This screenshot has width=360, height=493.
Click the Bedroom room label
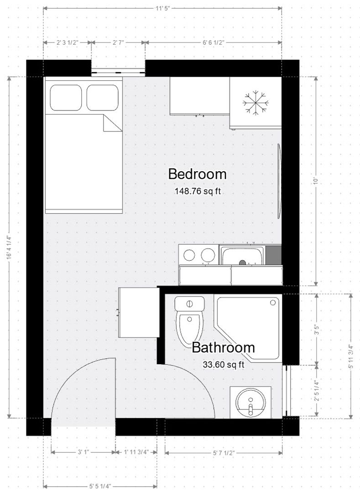coord(197,174)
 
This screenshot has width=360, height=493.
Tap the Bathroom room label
coord(223,347)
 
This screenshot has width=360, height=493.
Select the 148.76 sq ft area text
coord(197,192)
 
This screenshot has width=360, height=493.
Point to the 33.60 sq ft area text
coord(223,364)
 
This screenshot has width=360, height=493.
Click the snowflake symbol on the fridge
coord(255,102)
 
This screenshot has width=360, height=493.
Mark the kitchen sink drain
coord(243,263)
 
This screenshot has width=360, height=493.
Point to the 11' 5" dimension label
coord(162,8)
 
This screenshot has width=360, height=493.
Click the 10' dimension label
coord(315,181)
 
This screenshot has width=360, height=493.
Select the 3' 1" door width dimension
coord(83,452)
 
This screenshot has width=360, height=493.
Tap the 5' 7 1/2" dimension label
coord(224,452)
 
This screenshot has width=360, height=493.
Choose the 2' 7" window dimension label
coord(118,42)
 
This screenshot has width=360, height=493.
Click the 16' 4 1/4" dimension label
coord(8,247)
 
